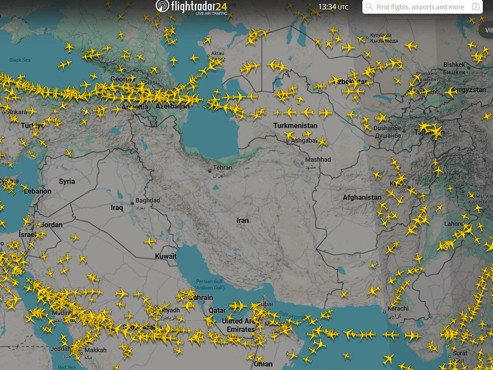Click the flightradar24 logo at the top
[x=191, y=7]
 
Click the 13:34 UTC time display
[x=333, y=7]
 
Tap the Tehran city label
[x=222, y=168]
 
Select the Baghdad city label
[x=148, y=200]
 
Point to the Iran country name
[x=243, y=220]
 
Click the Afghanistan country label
[x=362, y=197]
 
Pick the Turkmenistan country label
[x=295, y=125]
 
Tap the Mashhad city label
[x=318, y=160]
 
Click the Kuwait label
[x=166, y=256]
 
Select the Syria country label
[x=67, y=181]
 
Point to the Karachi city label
[x=398, y=308]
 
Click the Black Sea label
[x=20, y=60]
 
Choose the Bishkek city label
[x=454, y=65]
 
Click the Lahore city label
[x=454, y=224]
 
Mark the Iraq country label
[x=117, y=207]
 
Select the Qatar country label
[x=217, y=310]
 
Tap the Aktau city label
[x=217, y=53]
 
